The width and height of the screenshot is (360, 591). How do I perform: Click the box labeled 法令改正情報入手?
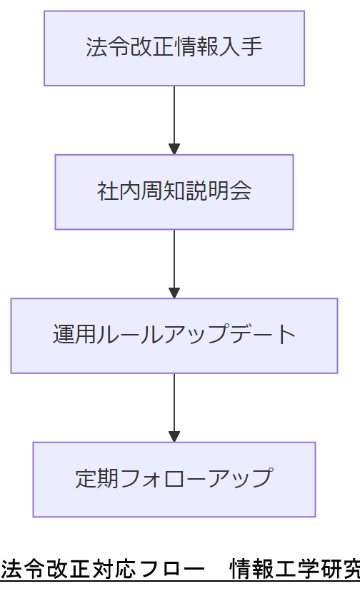coord(174,48)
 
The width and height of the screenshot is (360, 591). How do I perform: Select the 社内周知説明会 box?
coord(174,192)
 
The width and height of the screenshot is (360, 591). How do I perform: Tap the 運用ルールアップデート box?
coord(174,335)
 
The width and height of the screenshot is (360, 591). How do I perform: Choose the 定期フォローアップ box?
coord(174,479)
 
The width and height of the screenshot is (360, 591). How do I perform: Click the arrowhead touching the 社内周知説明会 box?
coord(174,149)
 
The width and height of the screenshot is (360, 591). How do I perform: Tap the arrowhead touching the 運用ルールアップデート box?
coord(174,293)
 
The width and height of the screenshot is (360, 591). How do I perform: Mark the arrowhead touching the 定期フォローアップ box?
coord(174,436)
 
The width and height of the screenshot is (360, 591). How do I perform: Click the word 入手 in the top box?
coord(241,48)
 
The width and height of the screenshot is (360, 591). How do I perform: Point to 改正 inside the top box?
coord(151,48)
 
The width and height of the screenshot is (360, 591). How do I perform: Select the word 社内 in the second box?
coord(119,192)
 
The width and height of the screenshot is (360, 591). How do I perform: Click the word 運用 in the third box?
coord(74,335)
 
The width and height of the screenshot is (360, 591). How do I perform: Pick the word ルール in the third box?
coord(130,335)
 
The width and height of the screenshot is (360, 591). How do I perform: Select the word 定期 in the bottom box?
coord(96,479)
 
